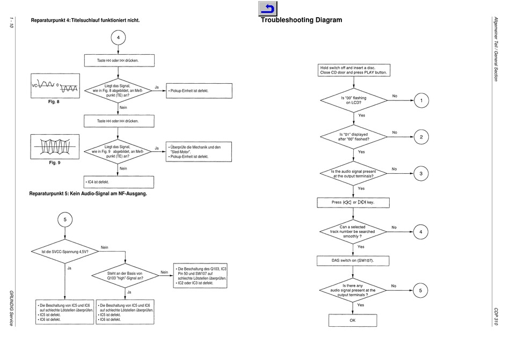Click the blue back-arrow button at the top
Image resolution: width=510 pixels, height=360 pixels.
click(x=268, y=9)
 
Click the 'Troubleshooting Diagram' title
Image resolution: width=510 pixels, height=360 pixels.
click(x=301, y=20)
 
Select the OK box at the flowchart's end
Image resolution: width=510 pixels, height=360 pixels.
click(x=353, y=320)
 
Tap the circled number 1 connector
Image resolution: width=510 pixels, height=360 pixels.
click(x=421, y=100)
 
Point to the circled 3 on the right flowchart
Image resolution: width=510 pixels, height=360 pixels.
click(x=421, y=173)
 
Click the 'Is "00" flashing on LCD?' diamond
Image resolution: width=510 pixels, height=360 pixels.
click(x=354, y=100)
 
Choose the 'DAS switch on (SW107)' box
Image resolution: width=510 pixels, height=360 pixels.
click(x=353, y=261)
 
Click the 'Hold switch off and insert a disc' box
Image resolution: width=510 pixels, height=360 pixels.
click(x=354, y=70)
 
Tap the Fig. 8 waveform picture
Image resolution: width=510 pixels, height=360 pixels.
click(x=55, y=86)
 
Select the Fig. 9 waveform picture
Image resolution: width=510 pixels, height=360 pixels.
click(x=55, y=146)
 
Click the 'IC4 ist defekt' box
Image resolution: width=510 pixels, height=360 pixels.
click(x=119, y=182)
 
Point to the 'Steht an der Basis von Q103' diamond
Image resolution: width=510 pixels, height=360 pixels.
click(x=125, y=276)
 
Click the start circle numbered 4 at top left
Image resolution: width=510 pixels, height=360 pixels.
click(x=118, y=38)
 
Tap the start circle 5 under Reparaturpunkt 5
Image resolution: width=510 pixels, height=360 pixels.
click(x=65, y=219)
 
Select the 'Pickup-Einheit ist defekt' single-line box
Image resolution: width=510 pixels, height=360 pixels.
click(x=199, y=91)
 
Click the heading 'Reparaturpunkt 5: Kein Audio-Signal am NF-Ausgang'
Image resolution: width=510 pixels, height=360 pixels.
click(x=88, y=194)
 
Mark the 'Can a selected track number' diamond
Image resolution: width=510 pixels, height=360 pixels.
click(x=353, y=232)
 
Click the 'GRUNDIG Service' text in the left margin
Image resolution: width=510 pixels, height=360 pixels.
click(x=11, y=308)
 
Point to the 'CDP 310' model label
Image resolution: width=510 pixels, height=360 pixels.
click(x=496, y=317)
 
